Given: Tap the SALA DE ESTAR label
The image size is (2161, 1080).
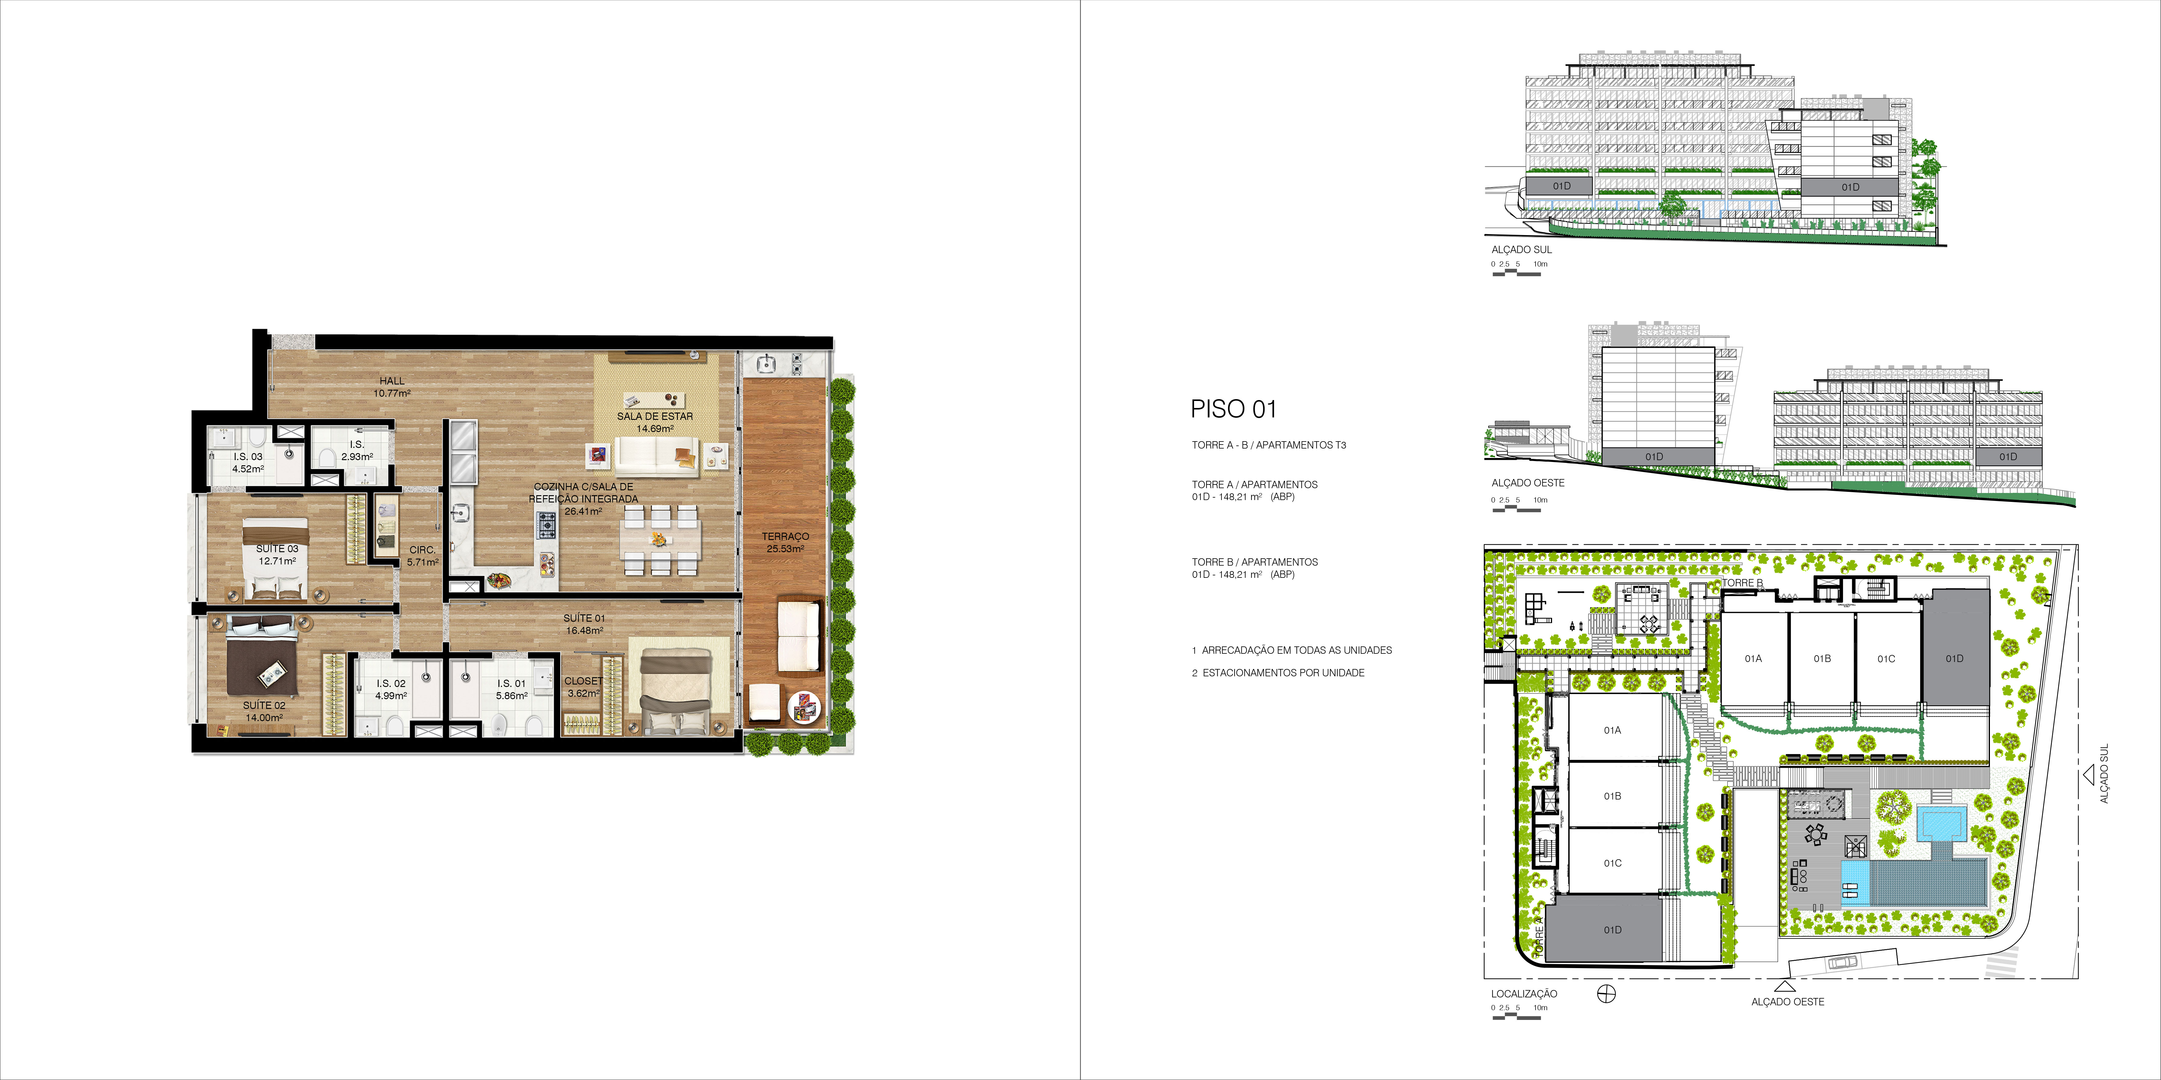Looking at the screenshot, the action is tap(655, 416).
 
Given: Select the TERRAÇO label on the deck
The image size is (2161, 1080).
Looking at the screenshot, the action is tap(785, 536).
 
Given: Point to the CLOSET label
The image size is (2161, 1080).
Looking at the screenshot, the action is tap(583, 681).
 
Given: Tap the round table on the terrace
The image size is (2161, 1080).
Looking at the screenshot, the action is tap(805, 706).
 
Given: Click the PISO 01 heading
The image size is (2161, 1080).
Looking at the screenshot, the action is tap(1233, 409).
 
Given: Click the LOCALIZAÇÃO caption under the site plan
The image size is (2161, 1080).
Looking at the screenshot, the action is tap(1523, 994).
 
